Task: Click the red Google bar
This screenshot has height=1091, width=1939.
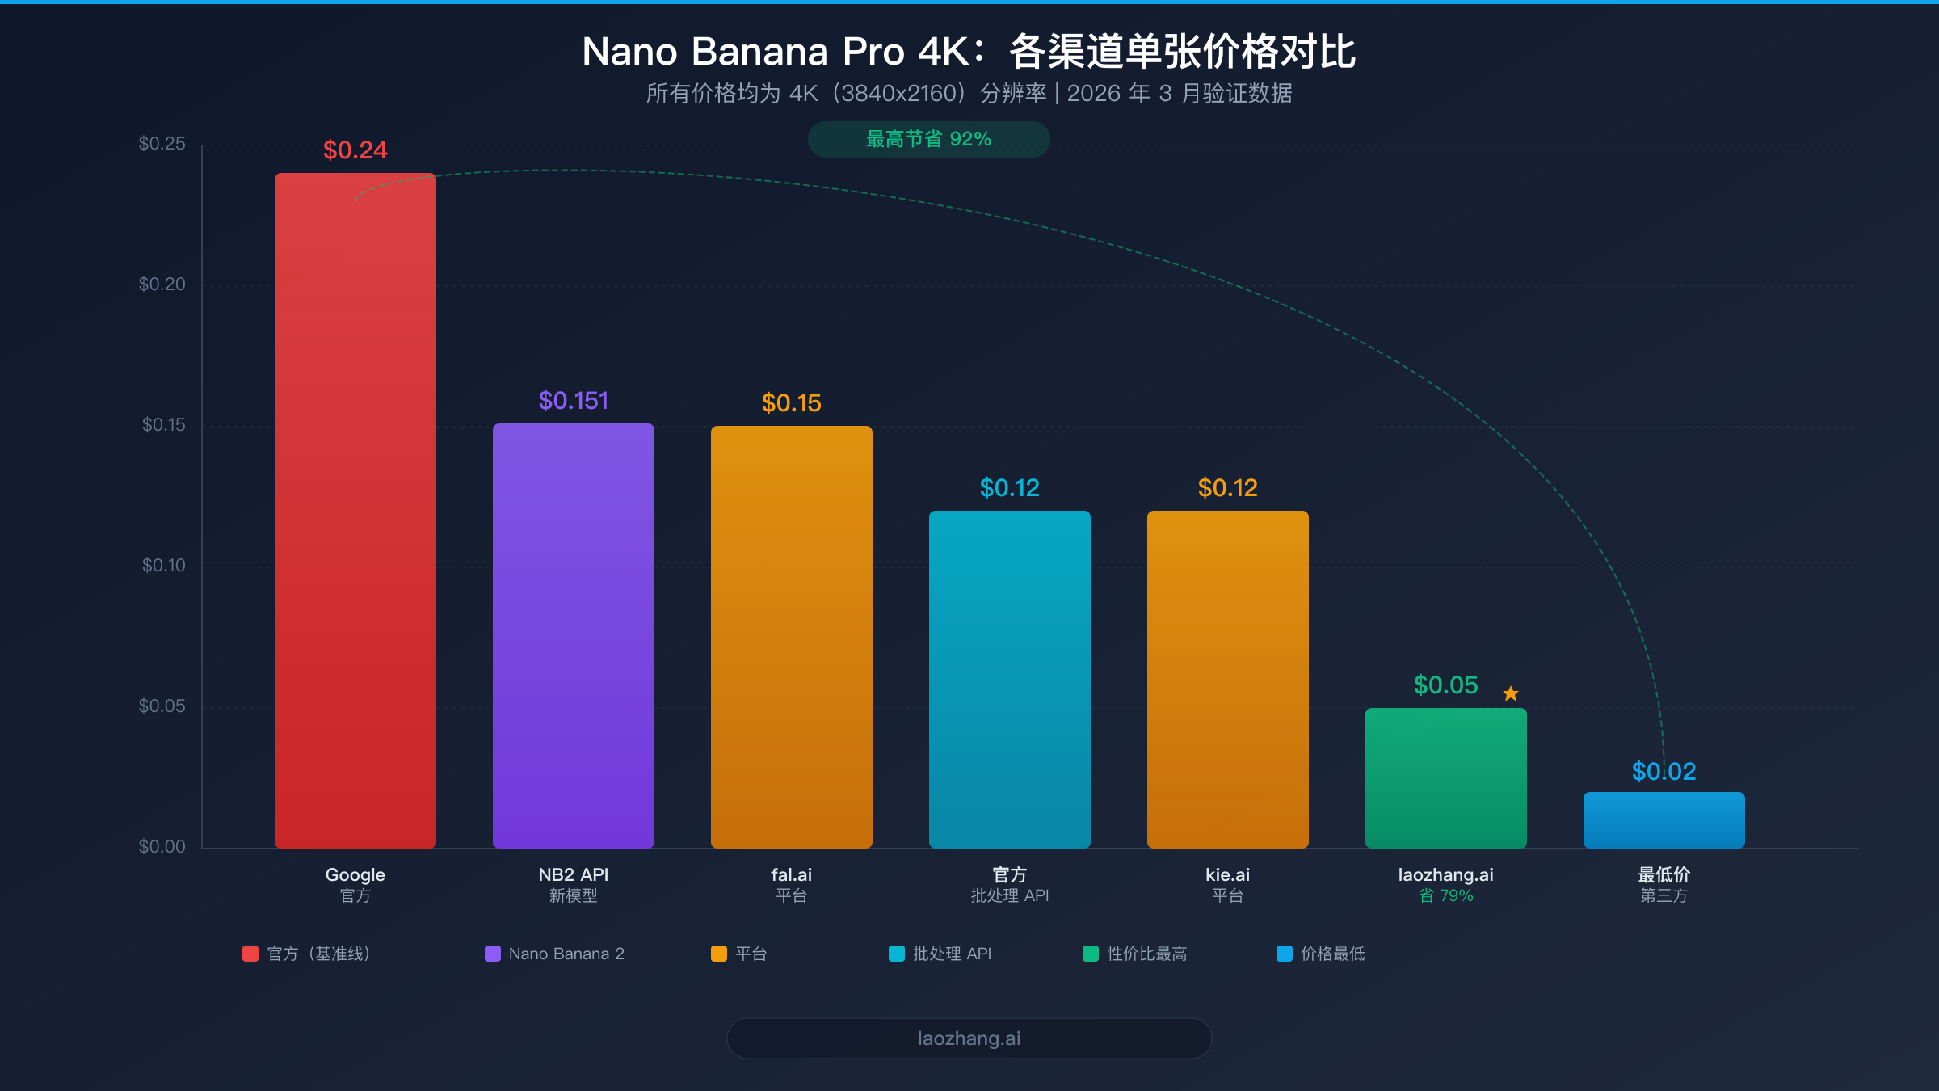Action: [x=355, y=509]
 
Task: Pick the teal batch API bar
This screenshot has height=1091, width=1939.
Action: [x=1010, y=679]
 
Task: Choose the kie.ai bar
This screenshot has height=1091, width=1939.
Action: [x=1228, y=679]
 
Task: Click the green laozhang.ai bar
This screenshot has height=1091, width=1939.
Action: [x=1446, y=777]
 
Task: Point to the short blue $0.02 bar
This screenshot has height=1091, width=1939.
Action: [x=1664, y=819]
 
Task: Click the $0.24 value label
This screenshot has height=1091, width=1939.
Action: [x=355, y=150]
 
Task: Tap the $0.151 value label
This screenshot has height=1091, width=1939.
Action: [x=574, y=401]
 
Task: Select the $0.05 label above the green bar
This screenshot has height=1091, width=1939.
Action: [x=1445, y=685]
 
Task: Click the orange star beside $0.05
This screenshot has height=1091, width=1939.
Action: [x=1511, y=693]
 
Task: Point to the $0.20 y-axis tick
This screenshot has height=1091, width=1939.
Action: [x=162, y=284]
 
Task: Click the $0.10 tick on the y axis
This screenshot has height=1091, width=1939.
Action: [x=164, y=566]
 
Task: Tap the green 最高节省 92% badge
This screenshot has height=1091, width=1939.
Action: [x=929, y=139]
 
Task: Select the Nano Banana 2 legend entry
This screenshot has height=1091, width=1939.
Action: [x=555, y=954]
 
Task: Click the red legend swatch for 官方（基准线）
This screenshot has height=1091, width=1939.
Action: [x=250, y=954]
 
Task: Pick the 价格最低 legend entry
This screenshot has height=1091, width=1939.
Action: [x=1322, y=954]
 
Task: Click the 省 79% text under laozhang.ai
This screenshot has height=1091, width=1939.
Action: [x=1446, y=895]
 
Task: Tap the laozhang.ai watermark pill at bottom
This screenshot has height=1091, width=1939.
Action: [x=969, y=1038]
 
